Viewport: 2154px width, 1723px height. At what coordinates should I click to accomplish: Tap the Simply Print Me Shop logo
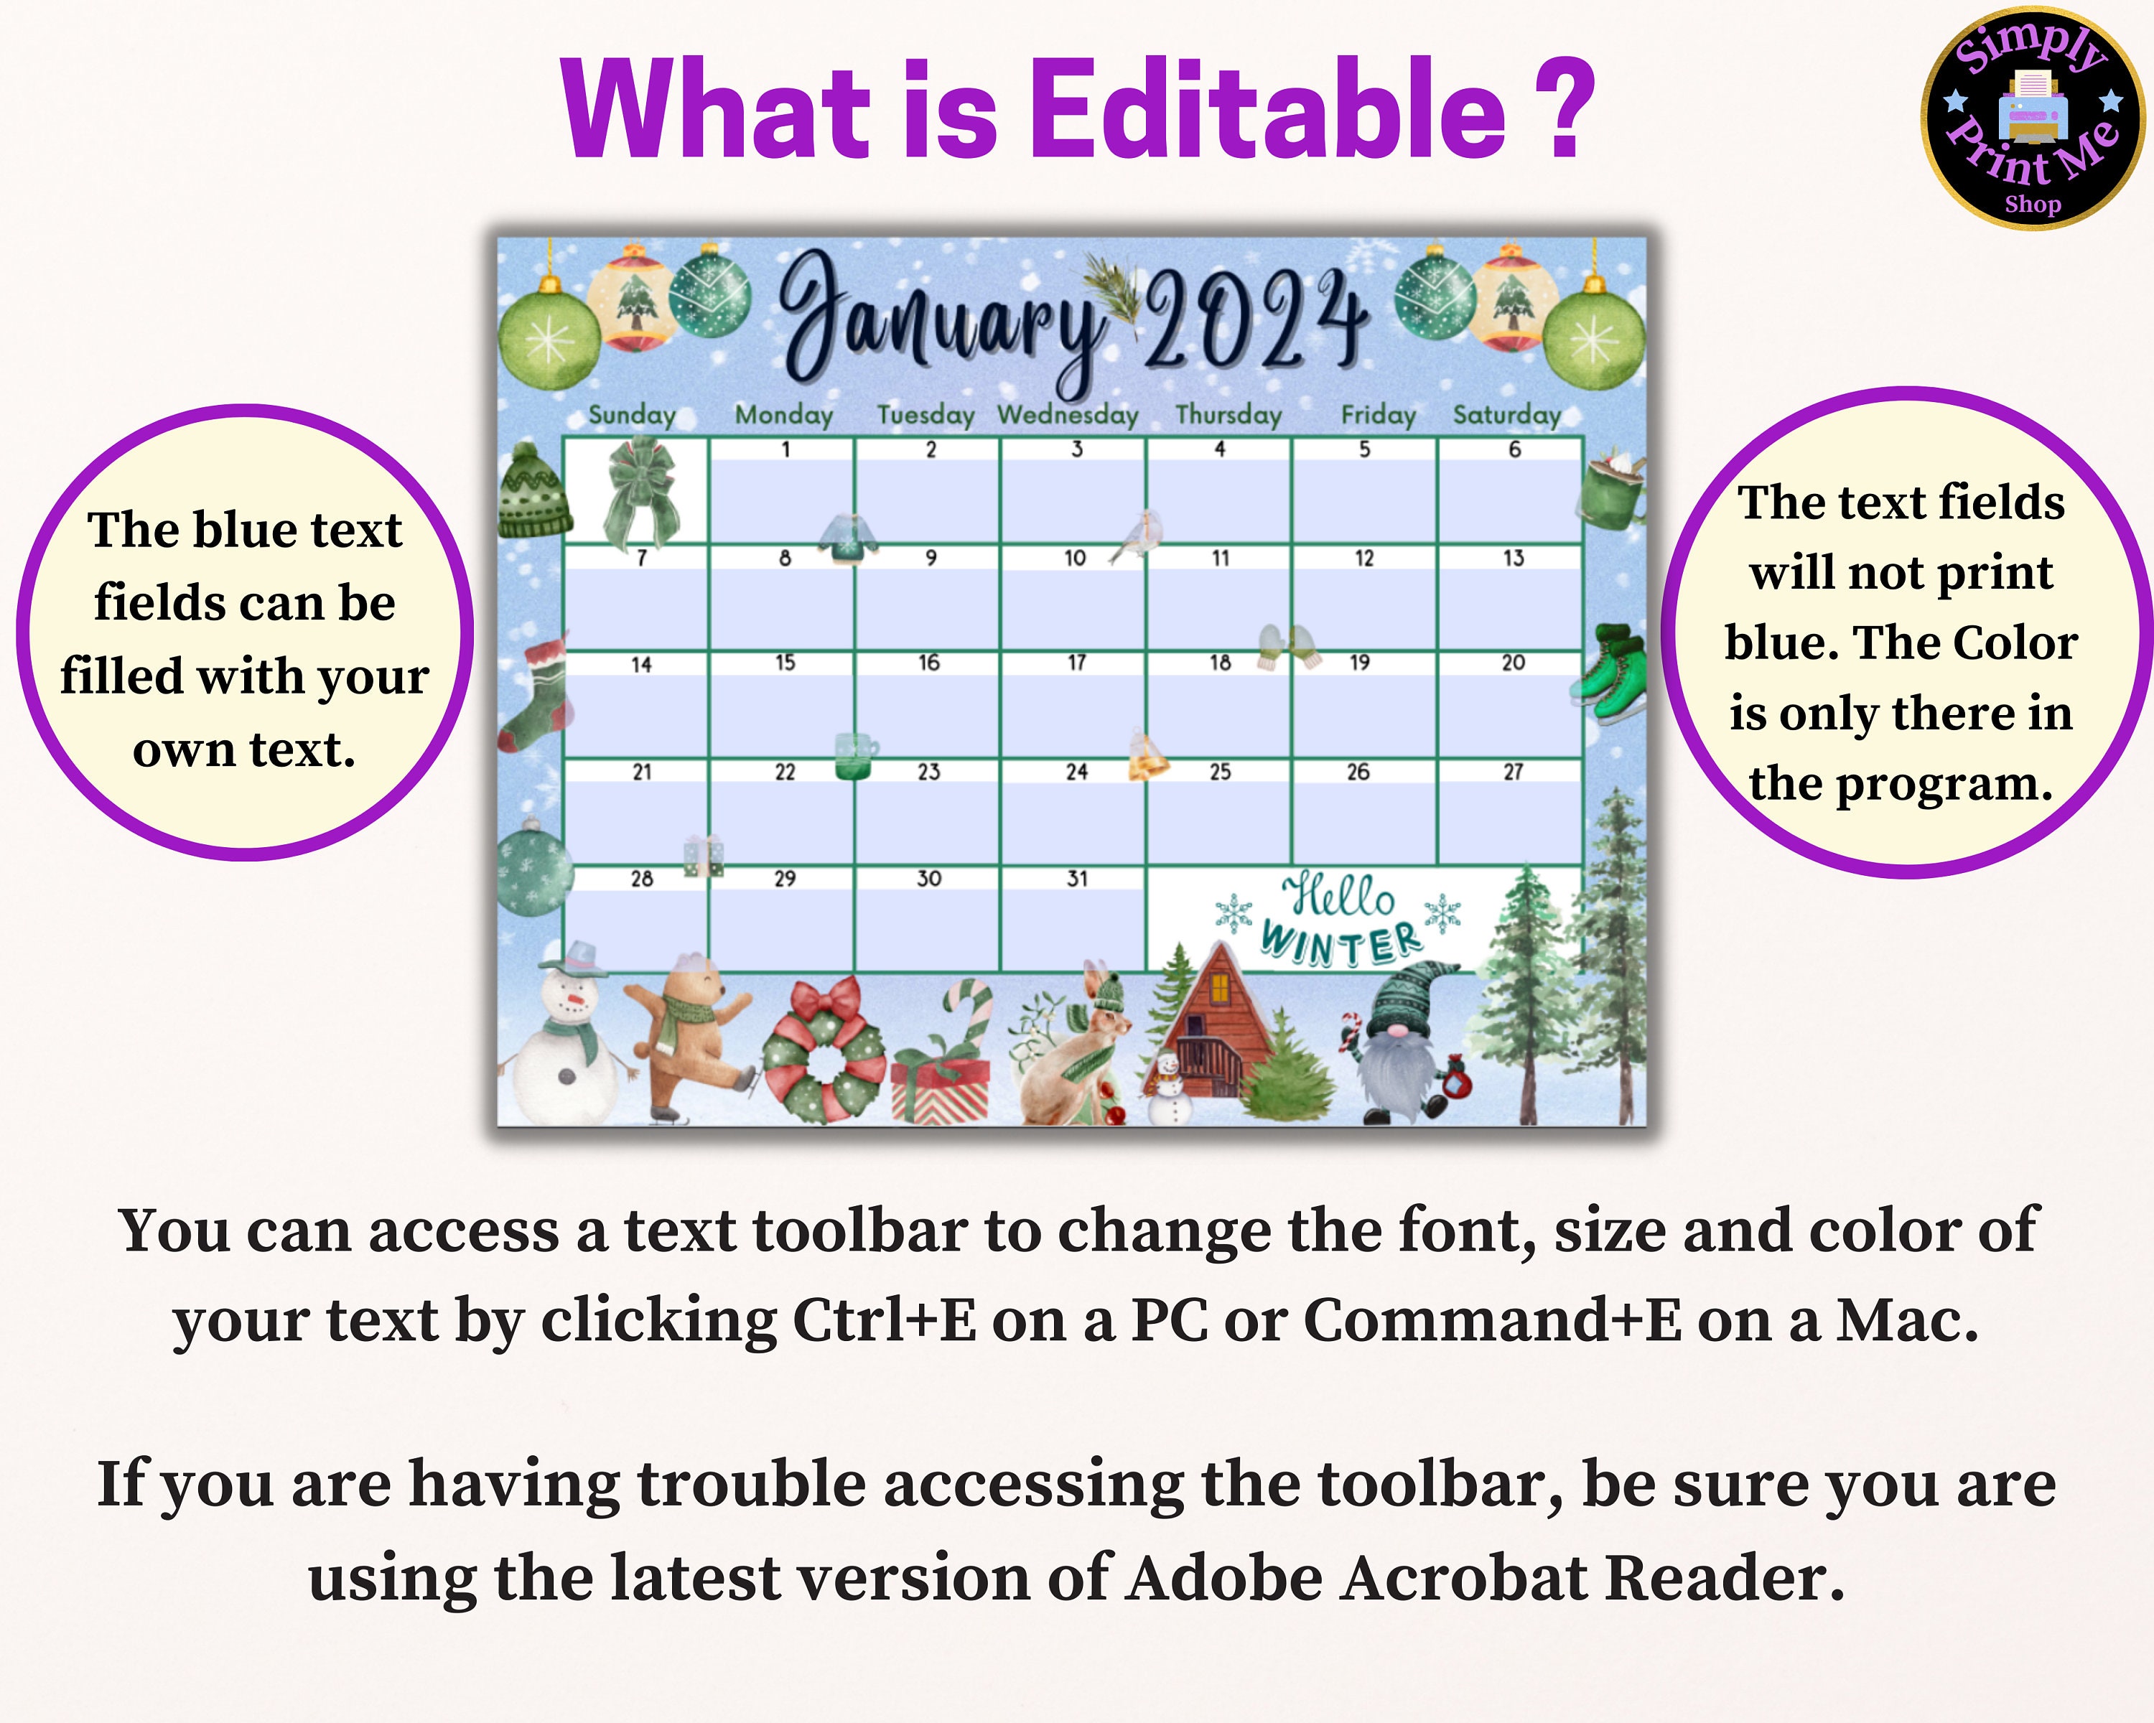2032,118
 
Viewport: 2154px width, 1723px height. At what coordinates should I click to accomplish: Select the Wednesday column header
1068,414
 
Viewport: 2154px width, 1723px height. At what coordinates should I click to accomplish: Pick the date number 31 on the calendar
1076,879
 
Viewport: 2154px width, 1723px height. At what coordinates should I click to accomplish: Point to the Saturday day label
1506,414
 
